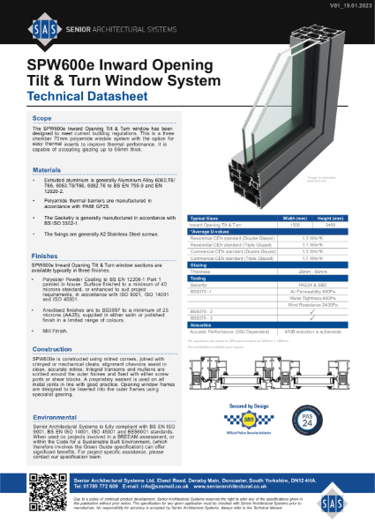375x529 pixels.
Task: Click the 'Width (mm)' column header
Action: (293, 217)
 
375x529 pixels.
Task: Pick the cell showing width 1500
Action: (293, 225)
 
